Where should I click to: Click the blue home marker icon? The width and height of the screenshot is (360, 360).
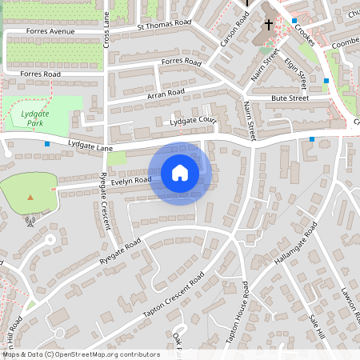(x=180, y=173)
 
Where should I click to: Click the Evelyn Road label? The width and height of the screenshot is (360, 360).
(x=131, y=181)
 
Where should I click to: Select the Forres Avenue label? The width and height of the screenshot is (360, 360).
(x=50, y=32)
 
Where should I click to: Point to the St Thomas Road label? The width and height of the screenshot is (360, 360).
(x=165, y=25)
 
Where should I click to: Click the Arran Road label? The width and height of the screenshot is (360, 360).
(x=166, y=94)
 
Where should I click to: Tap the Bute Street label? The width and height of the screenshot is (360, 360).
(x=290, y=98)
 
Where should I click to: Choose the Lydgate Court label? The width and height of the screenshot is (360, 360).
(x=194, y=121)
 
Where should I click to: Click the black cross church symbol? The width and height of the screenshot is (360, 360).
(x=269, y=24)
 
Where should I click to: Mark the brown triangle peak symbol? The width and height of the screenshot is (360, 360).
(x=30, y=197)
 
